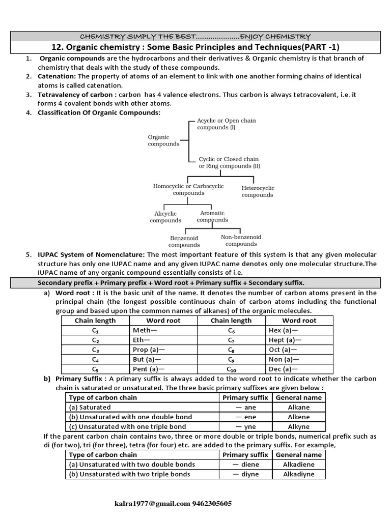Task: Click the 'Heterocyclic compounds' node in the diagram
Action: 257,191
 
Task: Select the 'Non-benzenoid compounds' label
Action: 241,241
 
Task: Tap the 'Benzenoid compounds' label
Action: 184,241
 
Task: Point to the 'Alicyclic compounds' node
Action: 165,217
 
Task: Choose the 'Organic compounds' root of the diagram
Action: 163,140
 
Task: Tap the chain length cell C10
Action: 231,369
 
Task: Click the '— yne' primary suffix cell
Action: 245,427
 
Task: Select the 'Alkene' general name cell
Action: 298,417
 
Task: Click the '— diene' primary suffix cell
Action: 245,465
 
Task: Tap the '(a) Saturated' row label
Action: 90,408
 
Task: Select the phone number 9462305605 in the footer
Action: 212,504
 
